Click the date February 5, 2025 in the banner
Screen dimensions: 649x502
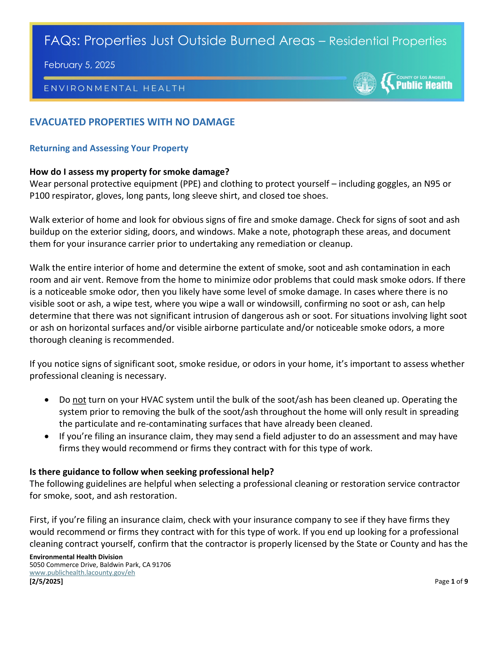[x=79, y=65]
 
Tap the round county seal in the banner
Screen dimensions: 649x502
[x=365, y=84]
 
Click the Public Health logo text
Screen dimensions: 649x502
[x=424, y=85]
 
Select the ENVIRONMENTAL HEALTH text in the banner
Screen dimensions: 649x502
[x=115, y=88]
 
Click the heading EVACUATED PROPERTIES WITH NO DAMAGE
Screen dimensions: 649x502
[x=132, y=122]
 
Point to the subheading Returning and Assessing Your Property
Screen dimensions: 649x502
[x=109, y=148]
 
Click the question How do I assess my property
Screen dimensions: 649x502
[x=129, y=172]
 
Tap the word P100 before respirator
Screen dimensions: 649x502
[x=40, y=196]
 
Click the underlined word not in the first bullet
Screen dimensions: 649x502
[x=79, y=400]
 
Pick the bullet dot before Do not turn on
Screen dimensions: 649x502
[x=47, y=400]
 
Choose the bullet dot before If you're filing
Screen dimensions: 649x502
[x=47, y=436]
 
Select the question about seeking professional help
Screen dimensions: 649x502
[x=152, y=472]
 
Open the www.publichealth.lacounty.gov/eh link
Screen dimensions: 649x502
[x=82, y=573]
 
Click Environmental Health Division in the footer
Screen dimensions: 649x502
[x=76, y=557]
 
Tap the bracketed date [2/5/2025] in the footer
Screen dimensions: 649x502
[x=46, y=581]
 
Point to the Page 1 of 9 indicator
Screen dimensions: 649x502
[x=451, y=581]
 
